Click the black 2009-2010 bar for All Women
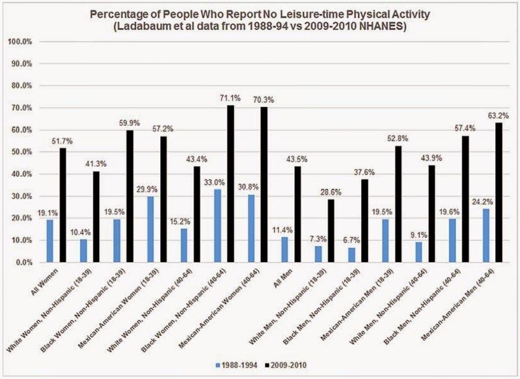tap(62, 205)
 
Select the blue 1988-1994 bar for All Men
tap(285, 249)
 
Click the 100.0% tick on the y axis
tap(24, 42)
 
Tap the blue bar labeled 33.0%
tap(218, 226)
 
